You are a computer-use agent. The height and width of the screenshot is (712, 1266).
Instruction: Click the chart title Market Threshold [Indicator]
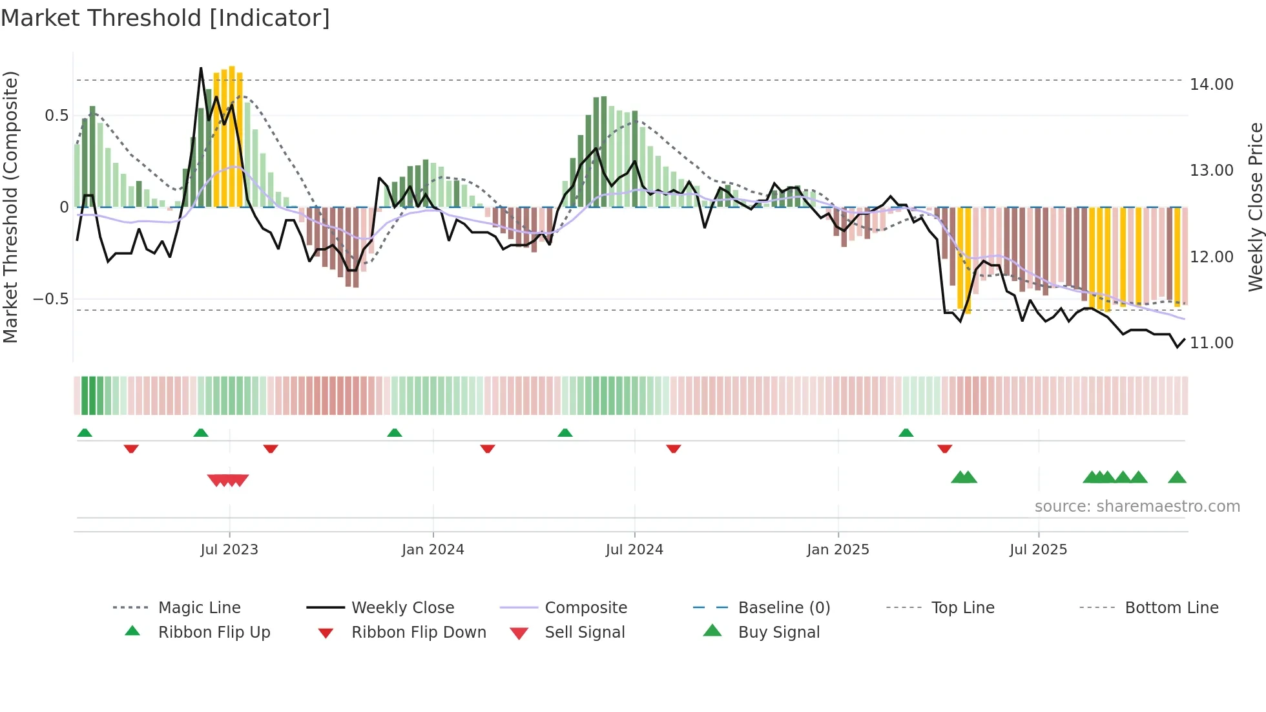pyautogui.click(x=165, y=18)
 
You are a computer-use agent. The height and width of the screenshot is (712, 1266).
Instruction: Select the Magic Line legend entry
pyautogui.click(x=199, y=607)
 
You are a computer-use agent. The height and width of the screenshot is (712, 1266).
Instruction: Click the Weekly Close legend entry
pyautogui.click(x=402, y=607)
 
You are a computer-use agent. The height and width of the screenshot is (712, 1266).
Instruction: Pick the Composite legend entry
pyautogui.click(x=585, y=607)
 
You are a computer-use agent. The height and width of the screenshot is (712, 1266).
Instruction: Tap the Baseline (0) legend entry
pyautogui.click(x=783, y=607)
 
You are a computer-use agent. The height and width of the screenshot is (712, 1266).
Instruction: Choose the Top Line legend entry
pyautogui.click(x=962, y=607)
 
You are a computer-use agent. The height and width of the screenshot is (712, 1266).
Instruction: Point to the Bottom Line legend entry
pyautogui.click(x=1171, y=607)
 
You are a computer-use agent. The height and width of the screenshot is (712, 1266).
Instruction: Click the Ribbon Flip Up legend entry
pyautogui.click(x=214, y=632)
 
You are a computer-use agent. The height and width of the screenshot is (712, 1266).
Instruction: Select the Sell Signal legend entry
pyautogui.click(x=585, y=632)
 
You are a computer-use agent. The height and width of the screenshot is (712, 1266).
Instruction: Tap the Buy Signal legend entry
pyautogui.click(x=778, y=632)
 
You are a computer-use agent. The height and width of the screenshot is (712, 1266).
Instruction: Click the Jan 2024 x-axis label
pyautogui.click(x=433, y=550)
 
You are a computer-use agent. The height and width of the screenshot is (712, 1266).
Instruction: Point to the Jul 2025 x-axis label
pyautogui.click(x=1038, y=550)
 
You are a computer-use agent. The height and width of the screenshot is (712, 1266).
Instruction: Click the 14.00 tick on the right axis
pyautogui.click(x=1211, y=85)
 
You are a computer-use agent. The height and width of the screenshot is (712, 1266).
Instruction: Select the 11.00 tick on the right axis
pyautogui.click(x=1211, y=343)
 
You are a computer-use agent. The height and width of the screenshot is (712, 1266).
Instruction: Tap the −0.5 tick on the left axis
pyautogui.click(x=50, y=299)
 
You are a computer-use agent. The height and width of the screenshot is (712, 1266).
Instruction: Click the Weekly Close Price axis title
pyautogui.click(x=1255, y=207)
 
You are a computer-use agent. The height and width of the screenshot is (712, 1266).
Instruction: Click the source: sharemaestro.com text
pyautogui.click(x=1137, y=507)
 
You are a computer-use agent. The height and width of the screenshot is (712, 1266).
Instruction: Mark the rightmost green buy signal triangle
pyautogui.click(x=1177, y=477)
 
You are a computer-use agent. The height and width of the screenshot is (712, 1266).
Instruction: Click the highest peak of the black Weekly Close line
pyautogui.click(x=201, y=68)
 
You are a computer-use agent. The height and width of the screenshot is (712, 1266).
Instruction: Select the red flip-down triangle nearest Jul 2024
pyautogui.click(x=673, y=448)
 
